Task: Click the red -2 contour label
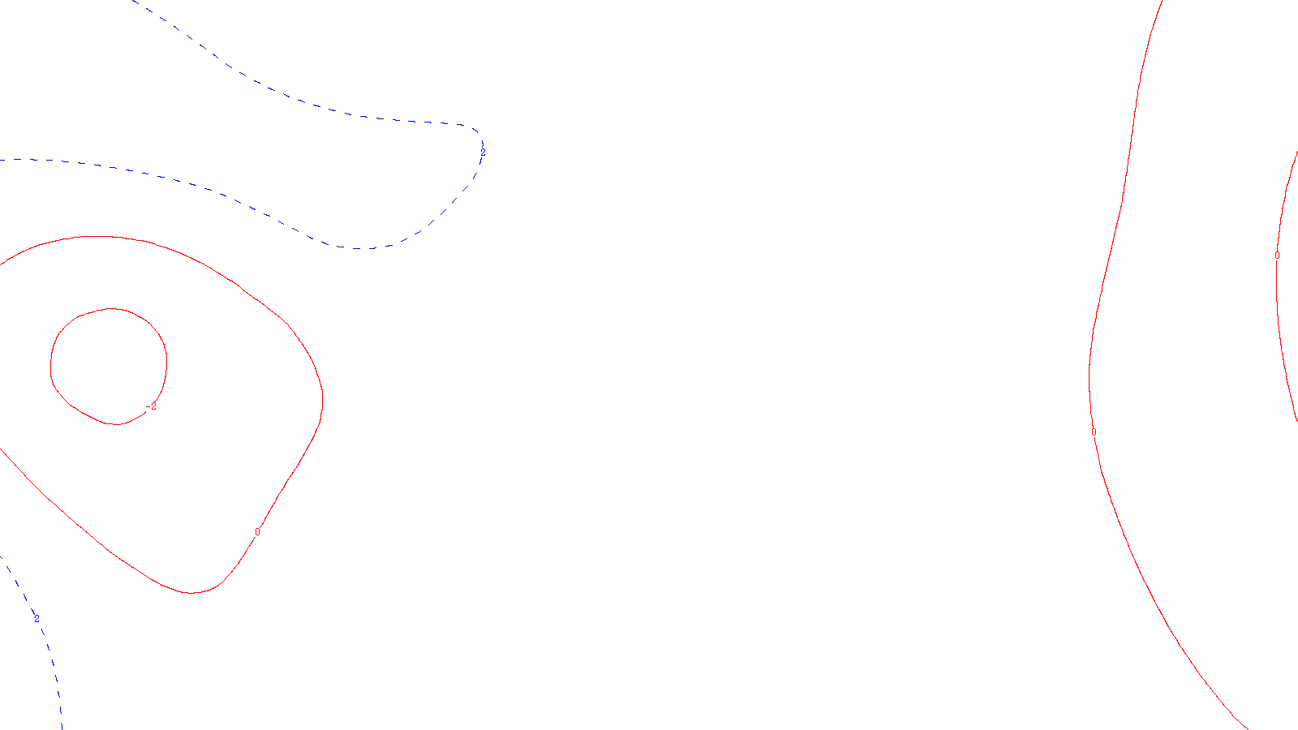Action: [x=151, y=406]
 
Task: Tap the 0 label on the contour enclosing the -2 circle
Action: [x=257, y=532]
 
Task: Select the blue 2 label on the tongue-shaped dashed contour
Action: [x=483, y=152]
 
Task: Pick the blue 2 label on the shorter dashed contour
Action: [x=37, y=619]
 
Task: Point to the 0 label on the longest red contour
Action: [x=1094, y=432]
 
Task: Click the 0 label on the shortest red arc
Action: [x=1277, y=255]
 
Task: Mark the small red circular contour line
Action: [x=166, y=357]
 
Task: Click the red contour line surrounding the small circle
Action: [x=322, y=397]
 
